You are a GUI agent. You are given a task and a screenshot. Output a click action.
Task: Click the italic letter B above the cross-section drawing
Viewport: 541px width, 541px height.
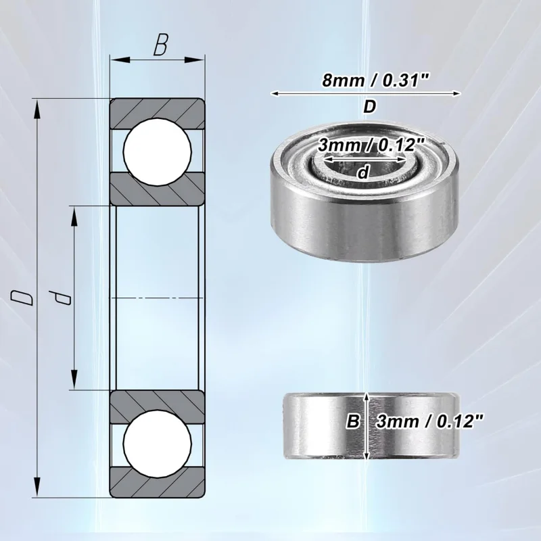(160, 45)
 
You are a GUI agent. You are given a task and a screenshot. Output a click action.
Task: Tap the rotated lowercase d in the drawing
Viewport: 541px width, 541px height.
(62, 298)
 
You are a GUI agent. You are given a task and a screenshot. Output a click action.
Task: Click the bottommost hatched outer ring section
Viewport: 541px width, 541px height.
(158, 479)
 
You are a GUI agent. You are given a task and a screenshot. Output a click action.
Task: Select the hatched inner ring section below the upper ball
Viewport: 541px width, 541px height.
(158, 188)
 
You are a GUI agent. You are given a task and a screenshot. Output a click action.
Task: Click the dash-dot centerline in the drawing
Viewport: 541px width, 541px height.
(158, 298)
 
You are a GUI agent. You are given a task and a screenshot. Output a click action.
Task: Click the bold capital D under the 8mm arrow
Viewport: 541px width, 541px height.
(369, 107)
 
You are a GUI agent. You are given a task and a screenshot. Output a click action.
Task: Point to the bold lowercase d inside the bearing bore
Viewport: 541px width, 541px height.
(364, 172)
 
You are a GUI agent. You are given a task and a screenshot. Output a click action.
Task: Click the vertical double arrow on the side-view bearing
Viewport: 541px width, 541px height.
(367, 425)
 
